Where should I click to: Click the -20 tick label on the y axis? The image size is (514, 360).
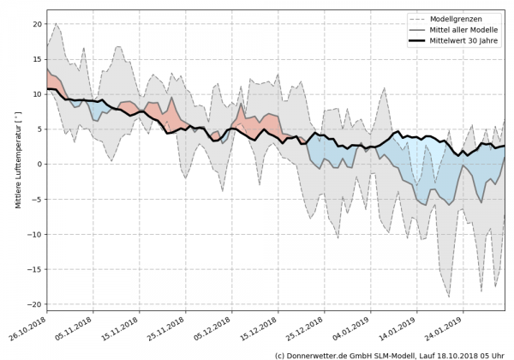pyautogui.click(x=36, y=304)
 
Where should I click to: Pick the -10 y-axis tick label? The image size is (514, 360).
pyautogui.click(x=36, y=234)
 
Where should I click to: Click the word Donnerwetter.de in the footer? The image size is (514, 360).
pyautogui.click(x=321, y=354)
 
